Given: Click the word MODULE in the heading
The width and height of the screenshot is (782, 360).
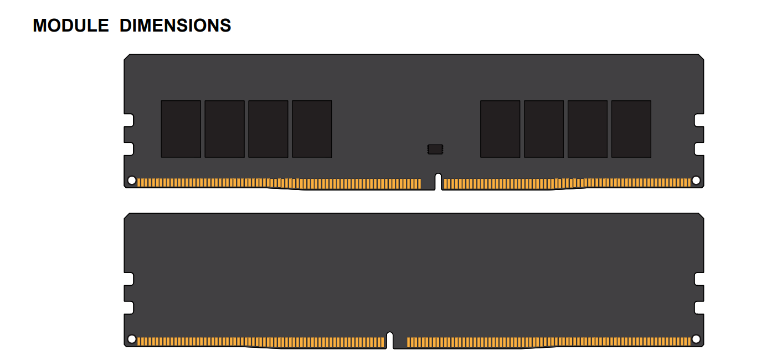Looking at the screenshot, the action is click(x=71, y=25).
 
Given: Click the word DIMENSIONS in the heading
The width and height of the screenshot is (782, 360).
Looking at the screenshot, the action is click(x=175, y=25).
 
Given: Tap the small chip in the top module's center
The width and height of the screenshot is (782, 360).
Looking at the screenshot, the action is click(x=435, y=149).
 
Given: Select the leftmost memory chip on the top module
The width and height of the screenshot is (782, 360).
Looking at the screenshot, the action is click(x=181, y=129).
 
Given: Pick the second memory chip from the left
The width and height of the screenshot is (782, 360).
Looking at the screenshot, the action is click(x=224, y=129).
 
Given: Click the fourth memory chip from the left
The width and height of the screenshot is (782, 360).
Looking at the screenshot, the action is click(x=312, y=129).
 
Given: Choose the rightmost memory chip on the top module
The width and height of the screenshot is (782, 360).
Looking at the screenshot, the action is click(x=631, y=129).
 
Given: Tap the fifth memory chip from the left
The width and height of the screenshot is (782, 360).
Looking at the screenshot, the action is click(x=500, y=129).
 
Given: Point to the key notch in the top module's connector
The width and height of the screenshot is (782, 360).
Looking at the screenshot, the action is click(x=438, y=182).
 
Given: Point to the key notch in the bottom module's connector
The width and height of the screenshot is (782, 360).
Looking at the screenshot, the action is click(x=390, y=340).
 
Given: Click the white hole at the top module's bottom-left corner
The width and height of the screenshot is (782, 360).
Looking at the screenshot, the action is click(x=132, y=180).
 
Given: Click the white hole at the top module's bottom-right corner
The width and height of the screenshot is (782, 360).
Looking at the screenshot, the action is click(x=696, y=180).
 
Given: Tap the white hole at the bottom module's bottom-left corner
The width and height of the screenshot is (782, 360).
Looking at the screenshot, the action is click(x=132, y=339).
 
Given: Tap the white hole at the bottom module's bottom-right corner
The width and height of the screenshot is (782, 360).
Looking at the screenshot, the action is click(x=696, y=339).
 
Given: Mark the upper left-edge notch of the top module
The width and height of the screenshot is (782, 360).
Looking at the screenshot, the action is click(x=129, y=120).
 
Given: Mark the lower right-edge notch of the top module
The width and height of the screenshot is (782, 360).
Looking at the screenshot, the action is click(x=699, y=149).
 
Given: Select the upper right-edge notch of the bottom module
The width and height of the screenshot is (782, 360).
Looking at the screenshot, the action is click(x=699, y=279).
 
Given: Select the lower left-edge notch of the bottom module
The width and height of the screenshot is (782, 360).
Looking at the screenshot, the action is click(x=129, y=307).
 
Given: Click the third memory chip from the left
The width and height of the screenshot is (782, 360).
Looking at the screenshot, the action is click(x=269, y=129).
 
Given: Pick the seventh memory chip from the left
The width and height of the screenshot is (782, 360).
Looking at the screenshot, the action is click(x=588, y=129).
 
